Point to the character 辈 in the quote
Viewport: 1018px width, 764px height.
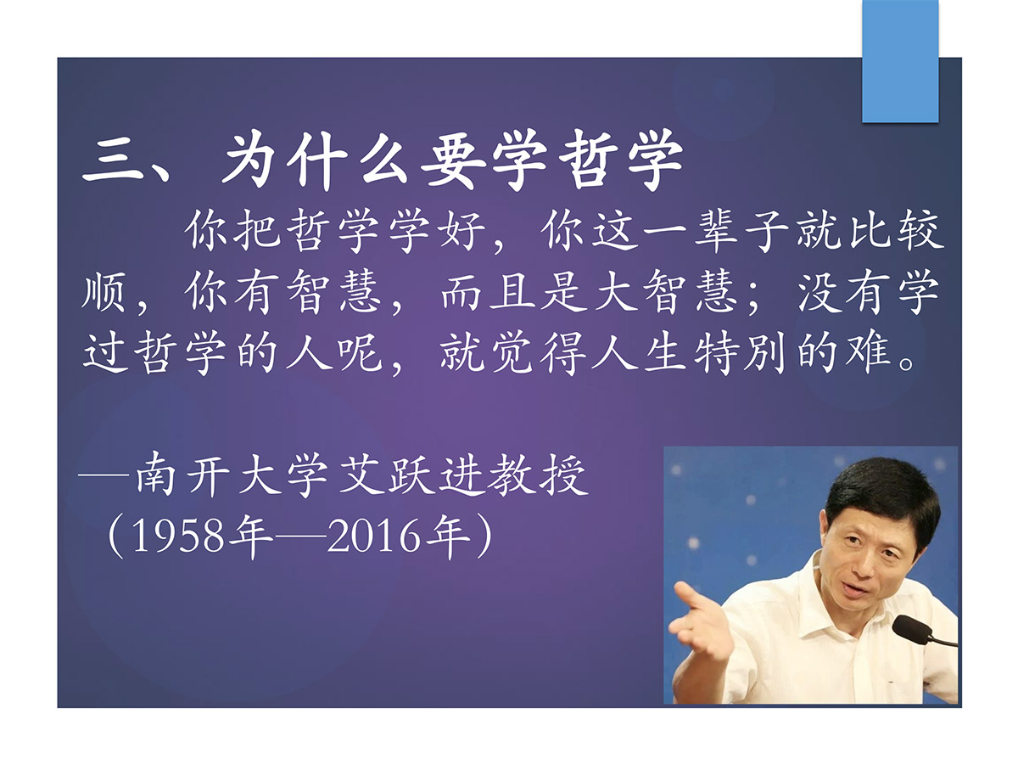(716, 231)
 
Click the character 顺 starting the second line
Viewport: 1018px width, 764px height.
(103, 291)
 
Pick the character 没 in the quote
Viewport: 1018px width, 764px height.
(819, 291)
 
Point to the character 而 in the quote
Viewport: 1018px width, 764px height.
(461, 292)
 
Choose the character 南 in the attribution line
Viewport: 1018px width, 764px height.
(156, 475)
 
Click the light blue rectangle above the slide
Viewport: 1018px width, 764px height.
(900, 61)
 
